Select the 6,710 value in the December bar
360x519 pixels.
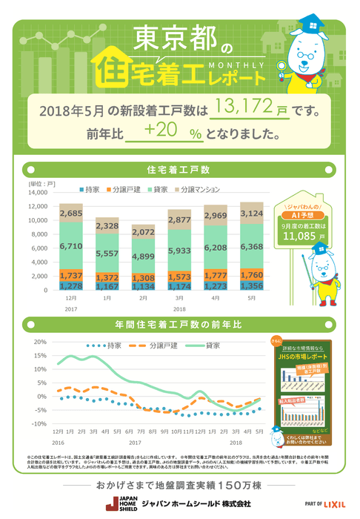tap(71, 245)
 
